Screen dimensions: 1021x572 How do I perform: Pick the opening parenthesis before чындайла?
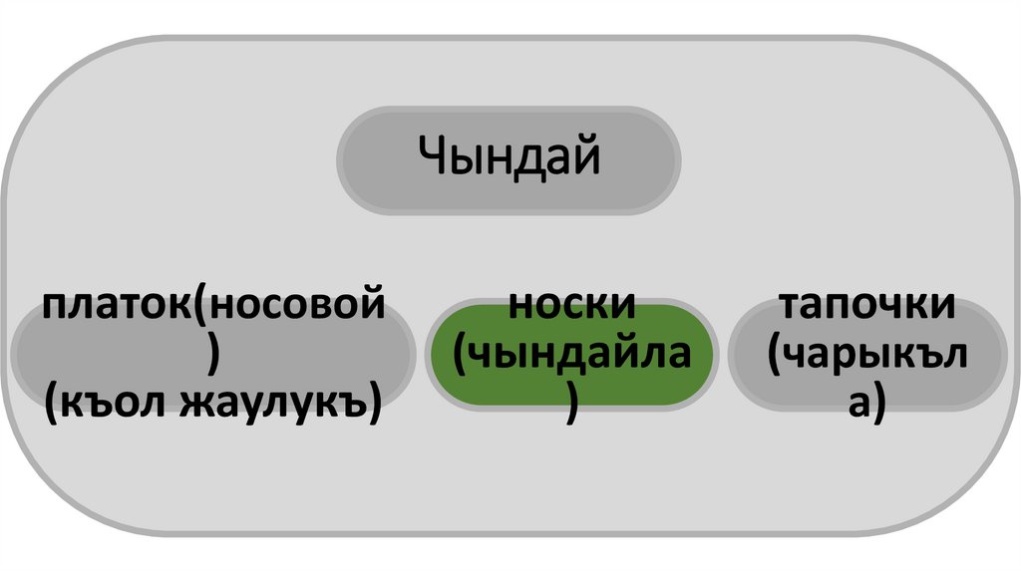(x=461, y=357)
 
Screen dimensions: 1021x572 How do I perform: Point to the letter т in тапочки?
(x=791, y=305)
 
